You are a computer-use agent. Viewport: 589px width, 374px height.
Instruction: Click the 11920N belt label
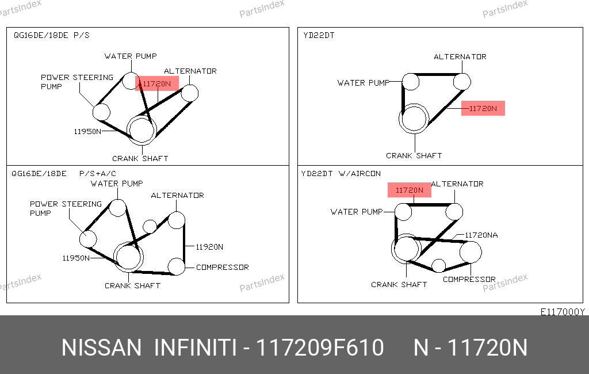tap(209, 247)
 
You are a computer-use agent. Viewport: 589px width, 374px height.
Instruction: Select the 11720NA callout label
tap(481, 235)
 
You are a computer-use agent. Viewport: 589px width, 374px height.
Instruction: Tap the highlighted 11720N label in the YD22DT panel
tap(483, 108)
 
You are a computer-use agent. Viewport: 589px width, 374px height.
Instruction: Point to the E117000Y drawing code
tap(563, 312)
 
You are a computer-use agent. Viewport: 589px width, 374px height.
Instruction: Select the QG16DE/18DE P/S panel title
tap(51, 35)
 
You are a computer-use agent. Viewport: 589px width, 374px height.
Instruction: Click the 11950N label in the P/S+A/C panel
tap(76, 258)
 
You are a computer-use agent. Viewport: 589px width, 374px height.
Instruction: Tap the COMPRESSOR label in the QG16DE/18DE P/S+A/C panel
tap(223, 267)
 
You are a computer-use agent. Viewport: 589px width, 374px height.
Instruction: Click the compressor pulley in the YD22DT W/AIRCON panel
tap(471, 252)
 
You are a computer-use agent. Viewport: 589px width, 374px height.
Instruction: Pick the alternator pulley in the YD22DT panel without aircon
tap(462, 82)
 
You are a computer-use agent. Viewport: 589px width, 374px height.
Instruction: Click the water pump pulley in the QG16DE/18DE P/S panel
tap(131, 81)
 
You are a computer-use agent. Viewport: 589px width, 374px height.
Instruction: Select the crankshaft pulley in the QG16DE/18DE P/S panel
tap(141, 129)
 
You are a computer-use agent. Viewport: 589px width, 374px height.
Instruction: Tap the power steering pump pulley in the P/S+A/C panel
tap(88, 239)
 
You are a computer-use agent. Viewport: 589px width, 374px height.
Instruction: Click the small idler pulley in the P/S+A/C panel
tap(150, 227)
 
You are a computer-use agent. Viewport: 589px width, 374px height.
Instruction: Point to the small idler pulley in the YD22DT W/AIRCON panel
tap(438, 266)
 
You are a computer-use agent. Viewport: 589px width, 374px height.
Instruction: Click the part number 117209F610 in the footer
tap(320, 348)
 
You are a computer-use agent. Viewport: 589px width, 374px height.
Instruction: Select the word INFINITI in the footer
tap(196, 348)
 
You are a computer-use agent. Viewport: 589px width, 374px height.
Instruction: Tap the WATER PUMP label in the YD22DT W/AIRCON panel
tap(357, 212)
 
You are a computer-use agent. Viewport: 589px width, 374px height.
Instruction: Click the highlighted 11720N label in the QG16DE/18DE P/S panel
tap(156, 83)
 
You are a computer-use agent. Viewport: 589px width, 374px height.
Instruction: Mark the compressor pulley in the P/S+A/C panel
tap(176, 266)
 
